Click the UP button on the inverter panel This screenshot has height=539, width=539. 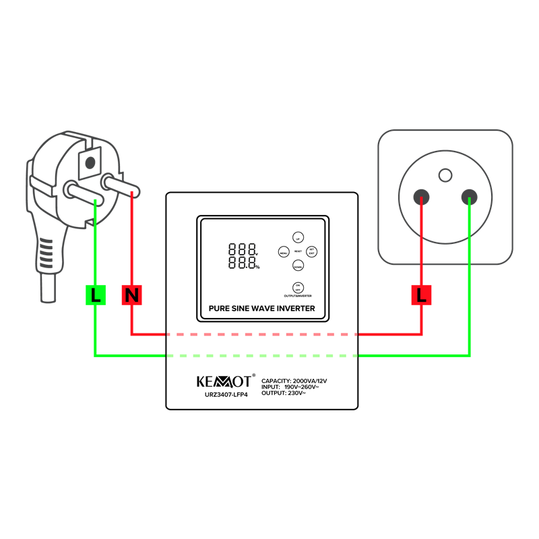pyautogui.click(x=297, y=237)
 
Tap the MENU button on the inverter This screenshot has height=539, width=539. pyautogui.click(x=284, y=251)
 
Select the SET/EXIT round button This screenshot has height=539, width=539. pyautogui.click(x=311, y=251)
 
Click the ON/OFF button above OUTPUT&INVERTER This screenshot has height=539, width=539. pyautogui.click(x=297, y=286)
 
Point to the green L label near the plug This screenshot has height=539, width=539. pyautogui.click(x=96, y=294)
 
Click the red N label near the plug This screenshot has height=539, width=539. pyautogui.click(x=132, y=294)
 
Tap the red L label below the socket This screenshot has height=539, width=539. pyautogui.click(x=422, y=294)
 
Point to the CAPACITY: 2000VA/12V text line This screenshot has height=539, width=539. pyautogui.click(x=294, y=381)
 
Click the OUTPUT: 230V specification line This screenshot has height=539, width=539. pyautogui.click(x=284, y=393)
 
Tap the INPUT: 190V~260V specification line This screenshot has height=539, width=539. pyautogui.click(x=290, y=387)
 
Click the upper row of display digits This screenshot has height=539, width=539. pyautogui.click(x=243, y=249)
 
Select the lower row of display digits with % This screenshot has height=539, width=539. pyautogui.click(x=243, y=262)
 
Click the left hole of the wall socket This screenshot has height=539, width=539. pyautogui.click(x=422, y=197)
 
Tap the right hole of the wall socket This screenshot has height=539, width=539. pyautogui.click(x=469, y=197)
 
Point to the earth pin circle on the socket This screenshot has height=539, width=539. pyautogui.click(x=445, y=175)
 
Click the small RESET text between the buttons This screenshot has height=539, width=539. pyautogui.click(x=298, y=251)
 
